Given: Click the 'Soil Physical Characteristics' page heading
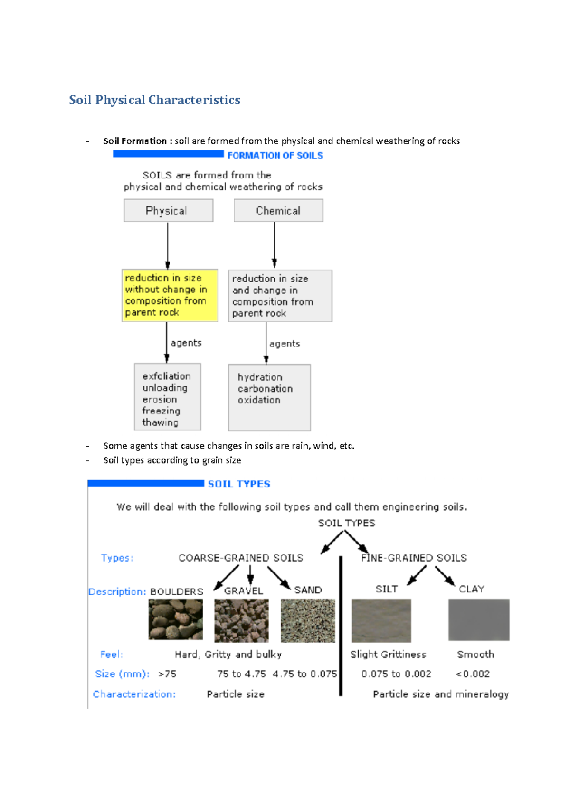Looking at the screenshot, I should click(x=155, y=100).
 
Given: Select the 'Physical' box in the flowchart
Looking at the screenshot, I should click(x=168, y=210).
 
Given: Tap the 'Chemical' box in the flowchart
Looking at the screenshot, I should click(x=278, y=210).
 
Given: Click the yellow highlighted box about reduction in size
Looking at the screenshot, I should click(x=170, y=295).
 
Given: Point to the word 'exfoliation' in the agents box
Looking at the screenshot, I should click(x=166, y=376).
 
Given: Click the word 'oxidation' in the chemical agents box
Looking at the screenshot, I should click(x=259, y=400).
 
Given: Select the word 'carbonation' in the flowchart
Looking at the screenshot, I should click(x=265, y=389).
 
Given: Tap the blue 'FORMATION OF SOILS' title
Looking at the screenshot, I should click(x=275, y=156).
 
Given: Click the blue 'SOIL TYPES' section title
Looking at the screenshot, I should click(x=239, y=484).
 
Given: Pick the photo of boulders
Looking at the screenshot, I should click(x=175, y=619).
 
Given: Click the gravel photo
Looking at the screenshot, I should click(x=241, y=620).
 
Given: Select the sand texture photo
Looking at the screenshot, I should click(x=308, y=620).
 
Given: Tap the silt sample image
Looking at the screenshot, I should click(x=381, y=620).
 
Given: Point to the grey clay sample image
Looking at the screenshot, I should click(x=479, y=619).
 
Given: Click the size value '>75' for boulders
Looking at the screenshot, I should click(x=167, y=674).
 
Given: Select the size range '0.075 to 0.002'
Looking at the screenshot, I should click(x=396, y=674).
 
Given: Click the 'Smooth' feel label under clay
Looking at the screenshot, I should click(x=475, y=655).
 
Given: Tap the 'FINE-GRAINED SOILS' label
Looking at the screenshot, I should click(x=414, y=558).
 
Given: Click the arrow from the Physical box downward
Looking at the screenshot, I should click(x=168, y=245).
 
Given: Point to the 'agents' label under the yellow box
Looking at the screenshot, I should click(x=186, y=343).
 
